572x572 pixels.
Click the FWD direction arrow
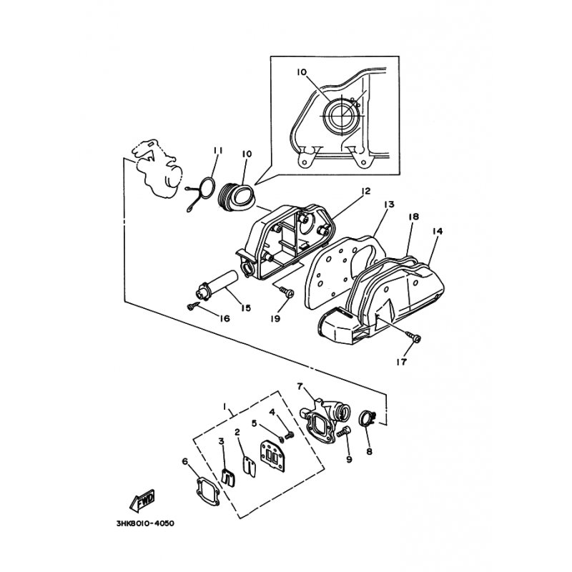point(142,500)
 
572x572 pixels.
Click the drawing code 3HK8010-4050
point(145,523)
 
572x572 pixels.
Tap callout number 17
point(402,362)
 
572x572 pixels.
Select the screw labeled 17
point(414,336)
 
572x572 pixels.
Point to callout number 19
point(275,318)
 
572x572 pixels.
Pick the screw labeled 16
point(194,306)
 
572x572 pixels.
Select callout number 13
point(389,204)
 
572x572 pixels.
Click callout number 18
point(414,217)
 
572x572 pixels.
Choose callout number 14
point(438,231)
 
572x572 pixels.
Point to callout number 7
point(300,386)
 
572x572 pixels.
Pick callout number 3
point(221,441)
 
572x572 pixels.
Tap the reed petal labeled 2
point(249,465)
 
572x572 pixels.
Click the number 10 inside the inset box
point(302,72)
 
